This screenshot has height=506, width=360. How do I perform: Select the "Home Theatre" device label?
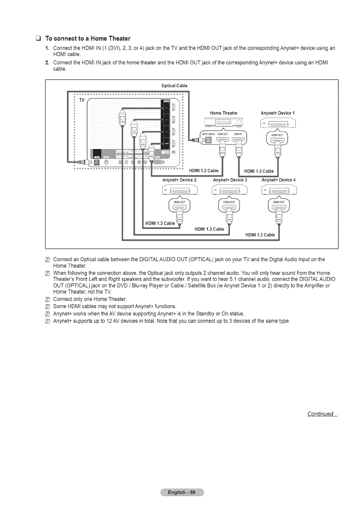pyautogui.click(x=224, y=113)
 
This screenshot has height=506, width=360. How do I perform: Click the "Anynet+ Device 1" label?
pyautogui.click(x=278, y=113)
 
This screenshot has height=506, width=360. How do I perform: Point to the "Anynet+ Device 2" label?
pyautogui.click(x=179, y=180)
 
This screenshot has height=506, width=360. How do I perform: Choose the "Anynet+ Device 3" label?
pyautogui.click(x=230, y=180)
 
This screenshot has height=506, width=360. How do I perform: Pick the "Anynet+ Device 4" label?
pyautogui.click(x=278, y=180)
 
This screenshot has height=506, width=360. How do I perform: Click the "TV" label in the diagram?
pyautogui.click(x=82, y=100)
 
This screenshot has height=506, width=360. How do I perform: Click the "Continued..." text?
pyautogui.click(x=322, y=414)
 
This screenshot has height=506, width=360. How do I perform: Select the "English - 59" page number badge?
pyautogui.click(x=180, y=492)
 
